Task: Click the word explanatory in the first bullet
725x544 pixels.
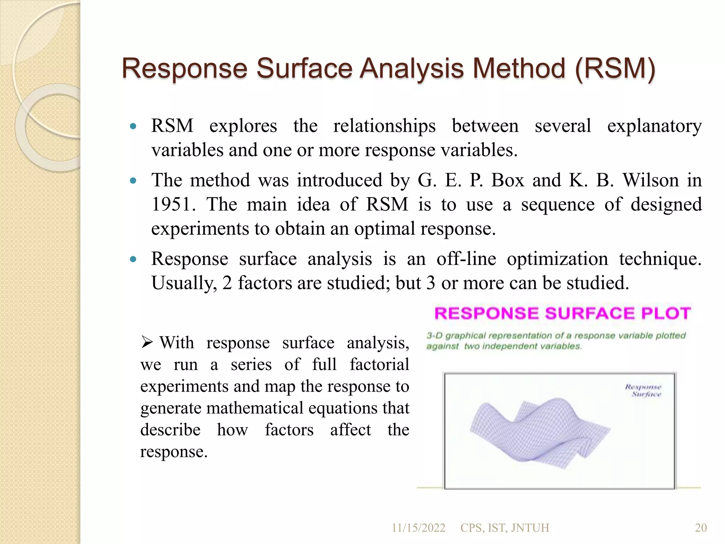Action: pyautogui.click(x=654, y=126)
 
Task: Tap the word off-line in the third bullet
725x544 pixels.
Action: pyautogui.click(x=466, y=259)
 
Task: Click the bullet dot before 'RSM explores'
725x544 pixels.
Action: pyautogui.click(x=133, y=126)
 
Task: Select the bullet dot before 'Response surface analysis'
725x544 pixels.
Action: pyautogui.click(x=133, y=259)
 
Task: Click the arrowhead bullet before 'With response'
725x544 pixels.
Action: pyautogui.click(x=147, y=342)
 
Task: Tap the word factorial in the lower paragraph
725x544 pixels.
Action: pyautogui.click(x=379, y=365)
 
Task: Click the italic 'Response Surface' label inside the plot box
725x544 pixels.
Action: pyautogui.click(x=643, y=390)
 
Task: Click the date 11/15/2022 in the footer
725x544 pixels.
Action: pyautogui.click(x=418, y=528)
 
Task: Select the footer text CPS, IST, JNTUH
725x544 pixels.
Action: pyautogui.click(x=504, y=528)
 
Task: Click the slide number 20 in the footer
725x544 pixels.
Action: pyautogui.click(x=701, y=528)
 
